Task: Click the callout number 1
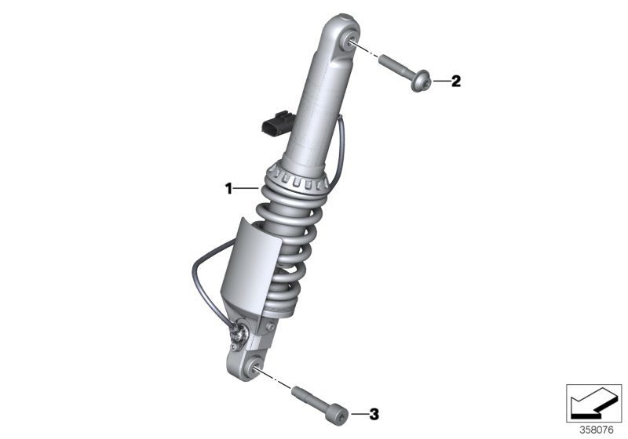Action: click(x=228, y=188)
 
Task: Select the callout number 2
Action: click(x=456, y=82)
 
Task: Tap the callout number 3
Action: click(x=374, y=414)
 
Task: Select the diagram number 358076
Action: click(x=597, y=430)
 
